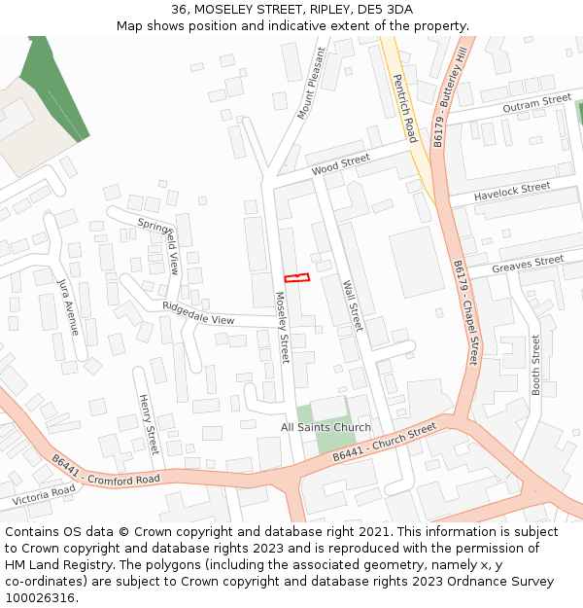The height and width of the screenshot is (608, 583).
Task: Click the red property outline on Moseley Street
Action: (x=296, y=278)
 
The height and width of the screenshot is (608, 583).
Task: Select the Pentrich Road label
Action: (x=405, y=105)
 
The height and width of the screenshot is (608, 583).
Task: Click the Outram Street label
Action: (x=536, y=103)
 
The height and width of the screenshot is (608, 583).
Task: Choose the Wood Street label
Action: (x=340, y=164)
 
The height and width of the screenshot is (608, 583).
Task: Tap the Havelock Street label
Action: (x=512, y=194)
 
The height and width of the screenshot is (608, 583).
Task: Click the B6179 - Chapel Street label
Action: (x=465, y=311)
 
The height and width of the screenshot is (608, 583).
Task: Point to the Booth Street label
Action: (x=535, y=364)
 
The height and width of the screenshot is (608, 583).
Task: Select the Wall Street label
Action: (x=352, y=305)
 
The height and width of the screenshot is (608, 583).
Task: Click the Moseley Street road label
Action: (x=282, y=332)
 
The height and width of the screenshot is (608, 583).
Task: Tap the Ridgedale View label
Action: (x=198, y=313)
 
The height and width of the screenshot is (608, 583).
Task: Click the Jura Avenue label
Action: (x=67, y=304)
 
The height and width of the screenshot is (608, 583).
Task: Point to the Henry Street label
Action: (x=148, y=424)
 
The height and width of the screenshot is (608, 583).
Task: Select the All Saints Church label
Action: (x=326, y=427)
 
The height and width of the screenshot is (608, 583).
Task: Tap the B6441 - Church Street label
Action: (x=385, y=443)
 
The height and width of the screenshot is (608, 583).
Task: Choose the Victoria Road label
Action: (x=43, y=494)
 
